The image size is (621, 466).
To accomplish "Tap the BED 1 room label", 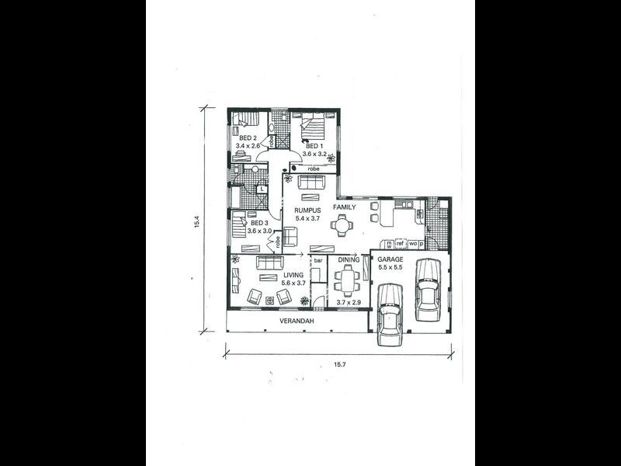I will tap(314, 145).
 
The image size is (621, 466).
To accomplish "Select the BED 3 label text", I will tap(259, 223).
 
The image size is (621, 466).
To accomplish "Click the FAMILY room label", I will tap(345, 208).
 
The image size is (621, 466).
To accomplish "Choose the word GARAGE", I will tap(390, 259).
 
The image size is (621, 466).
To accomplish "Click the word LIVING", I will tap(292, 275).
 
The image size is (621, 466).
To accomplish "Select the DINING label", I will tap(348, 259).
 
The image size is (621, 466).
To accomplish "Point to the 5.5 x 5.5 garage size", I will tap(390, 267).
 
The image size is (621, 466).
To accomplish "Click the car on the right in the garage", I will tap(427, 287).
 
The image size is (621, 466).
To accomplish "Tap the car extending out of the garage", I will tap(390, 313).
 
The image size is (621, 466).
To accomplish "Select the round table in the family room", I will tap(342, 226).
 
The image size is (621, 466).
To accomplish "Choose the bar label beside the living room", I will tap(317, 259).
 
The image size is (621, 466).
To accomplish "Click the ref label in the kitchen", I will tap(401, 244).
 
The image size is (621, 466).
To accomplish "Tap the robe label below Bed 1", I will tap(314, 169).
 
